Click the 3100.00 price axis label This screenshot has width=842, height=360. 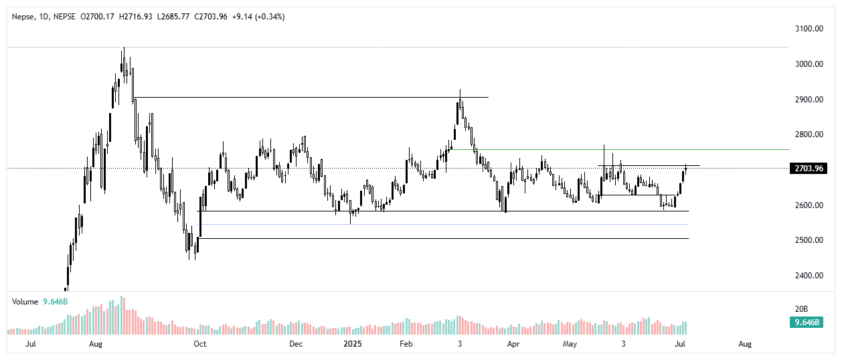click(808, 29)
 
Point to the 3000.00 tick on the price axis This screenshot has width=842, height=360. click(808, 64)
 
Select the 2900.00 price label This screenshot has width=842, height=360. click(808, 99)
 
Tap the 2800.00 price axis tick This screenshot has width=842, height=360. click(808, 134)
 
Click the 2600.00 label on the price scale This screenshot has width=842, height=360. click(808, 205)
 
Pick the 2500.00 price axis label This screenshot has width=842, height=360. click(808, 240)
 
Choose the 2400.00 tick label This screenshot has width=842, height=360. click(808, 275)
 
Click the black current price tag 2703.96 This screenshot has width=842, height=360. click(809, 168)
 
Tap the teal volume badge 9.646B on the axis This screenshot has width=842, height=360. click(809, 322)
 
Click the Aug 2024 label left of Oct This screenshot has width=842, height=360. click(96, 344)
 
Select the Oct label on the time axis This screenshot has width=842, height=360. click(199, 344)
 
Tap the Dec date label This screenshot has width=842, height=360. click(296, 344)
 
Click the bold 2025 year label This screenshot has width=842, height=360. click(352, 344)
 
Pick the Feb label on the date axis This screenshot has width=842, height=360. click(405, 344)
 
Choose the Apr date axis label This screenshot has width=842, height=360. click(513, 344)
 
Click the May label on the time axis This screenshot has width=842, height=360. click(570, 344)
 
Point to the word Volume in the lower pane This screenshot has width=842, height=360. click(25, 302)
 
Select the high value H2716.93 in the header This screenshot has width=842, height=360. click(137, 17)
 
